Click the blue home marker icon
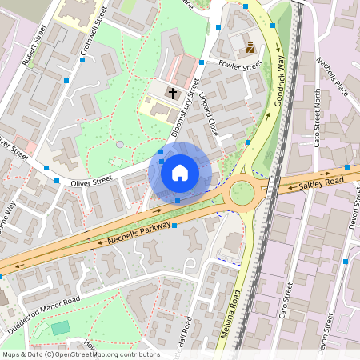point(180,172)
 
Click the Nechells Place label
point(334,76)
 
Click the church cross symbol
point(171,94)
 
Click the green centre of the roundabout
point(241,193)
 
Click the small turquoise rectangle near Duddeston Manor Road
point(61,328)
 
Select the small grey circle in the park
point(119,144)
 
